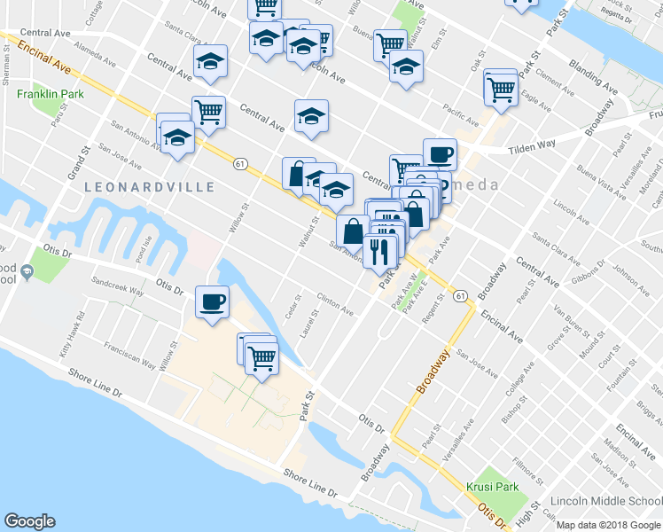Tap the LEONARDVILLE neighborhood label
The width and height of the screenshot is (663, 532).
pyautogui.click(x=150, y=187)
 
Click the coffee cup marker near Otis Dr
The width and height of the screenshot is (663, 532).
pyautogui.click(x=212, y=301)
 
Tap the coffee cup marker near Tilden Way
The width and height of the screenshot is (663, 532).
pyautogui.click(x=440, y=154)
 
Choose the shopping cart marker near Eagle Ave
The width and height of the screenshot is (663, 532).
pyautogui.click(x=501, y=89)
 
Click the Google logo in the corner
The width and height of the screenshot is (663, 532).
pyautogui.click(x=29, y=521)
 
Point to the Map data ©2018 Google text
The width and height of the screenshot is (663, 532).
pyautogui.click(x=608, y=525)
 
